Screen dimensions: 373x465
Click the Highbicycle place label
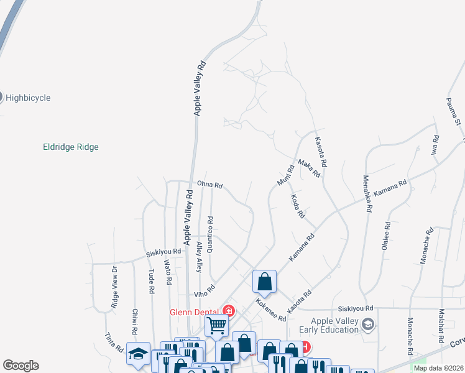pos(28,98)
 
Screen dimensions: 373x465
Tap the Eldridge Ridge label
pos(71,147)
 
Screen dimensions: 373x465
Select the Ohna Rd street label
pos(209,185)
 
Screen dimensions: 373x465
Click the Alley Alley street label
pos(199,257)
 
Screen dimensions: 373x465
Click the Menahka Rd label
pos(366,194)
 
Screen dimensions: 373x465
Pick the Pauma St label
pos(453,111)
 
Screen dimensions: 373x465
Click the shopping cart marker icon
pos(216,324)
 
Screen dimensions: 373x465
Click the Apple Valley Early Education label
pos(335,325)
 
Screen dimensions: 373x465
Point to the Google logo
pos(20,366)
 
